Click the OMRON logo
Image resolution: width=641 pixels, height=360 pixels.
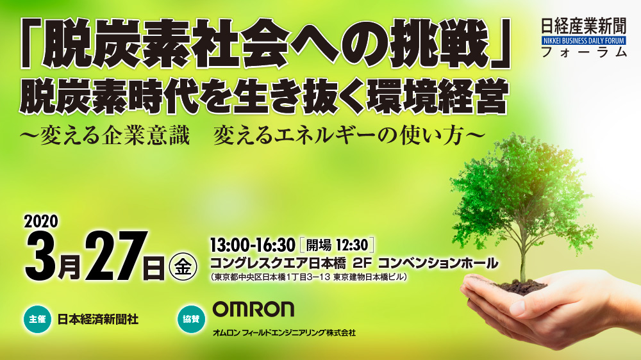[253, 309]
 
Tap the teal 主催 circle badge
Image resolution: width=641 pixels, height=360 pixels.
[38, 319]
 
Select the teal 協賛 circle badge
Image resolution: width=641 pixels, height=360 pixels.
[191, 319]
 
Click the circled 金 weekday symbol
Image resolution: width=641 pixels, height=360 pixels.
[183, 268]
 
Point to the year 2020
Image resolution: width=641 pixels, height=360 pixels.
[41, 222]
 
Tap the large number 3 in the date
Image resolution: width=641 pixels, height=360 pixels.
[41, 256]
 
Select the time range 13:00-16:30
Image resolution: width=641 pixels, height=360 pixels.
[252, 245]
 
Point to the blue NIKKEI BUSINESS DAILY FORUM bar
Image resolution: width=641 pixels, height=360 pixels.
[584, 40]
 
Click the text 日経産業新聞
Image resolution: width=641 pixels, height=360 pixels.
[584, 26]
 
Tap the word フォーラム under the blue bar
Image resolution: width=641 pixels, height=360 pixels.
[584, 52]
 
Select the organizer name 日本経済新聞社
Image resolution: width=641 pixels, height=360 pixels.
[98, 319]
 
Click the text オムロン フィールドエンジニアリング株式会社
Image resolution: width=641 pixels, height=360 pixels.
[284, 333]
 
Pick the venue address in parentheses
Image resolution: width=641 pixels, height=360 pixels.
[309, 277]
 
